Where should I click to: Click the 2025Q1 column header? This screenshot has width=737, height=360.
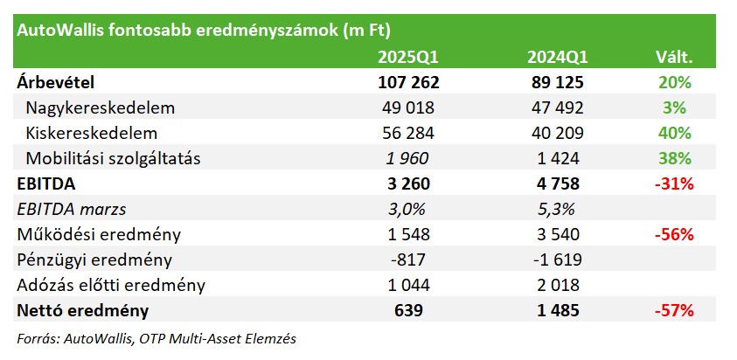click(408, 58)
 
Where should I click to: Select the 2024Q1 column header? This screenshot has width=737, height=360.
click(557, 58)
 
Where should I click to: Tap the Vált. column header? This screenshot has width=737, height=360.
click(674, 58)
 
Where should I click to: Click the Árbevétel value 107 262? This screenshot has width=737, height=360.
click(408, 83)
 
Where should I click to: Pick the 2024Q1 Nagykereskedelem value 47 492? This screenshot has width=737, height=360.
click(557, 108)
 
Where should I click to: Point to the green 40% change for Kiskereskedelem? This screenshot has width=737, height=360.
click(674, 134)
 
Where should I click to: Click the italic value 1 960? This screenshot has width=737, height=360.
click(408, 159)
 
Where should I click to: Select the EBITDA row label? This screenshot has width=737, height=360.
click(46, 184)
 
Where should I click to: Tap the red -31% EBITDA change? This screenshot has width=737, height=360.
click(674, 184)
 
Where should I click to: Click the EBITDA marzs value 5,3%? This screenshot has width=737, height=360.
click(557, 209)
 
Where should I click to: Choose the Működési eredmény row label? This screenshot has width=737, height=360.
click(99, 234)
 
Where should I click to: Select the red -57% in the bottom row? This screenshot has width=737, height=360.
click(674, 311)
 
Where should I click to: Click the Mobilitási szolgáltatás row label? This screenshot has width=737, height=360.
click(114, 159)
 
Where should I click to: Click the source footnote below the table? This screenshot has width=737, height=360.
click(156, 339)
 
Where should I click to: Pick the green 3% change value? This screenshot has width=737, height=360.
click(674, 108)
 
